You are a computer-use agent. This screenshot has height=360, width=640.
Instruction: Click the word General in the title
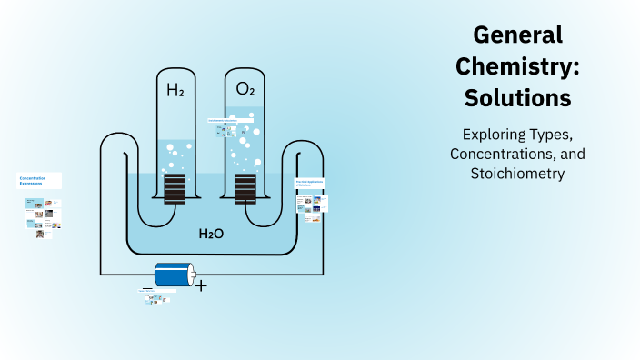(x=518, y=35)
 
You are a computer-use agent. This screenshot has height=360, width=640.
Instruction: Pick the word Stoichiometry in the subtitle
(x=518, y=173)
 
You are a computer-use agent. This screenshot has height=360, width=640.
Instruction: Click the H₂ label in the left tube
(x=175, y=90)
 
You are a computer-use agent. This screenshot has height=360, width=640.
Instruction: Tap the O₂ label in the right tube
(x=245, y=89)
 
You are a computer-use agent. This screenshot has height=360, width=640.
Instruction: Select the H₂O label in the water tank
(x=211, y=234)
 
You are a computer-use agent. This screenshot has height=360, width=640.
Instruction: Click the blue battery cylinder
(x=173, y=275)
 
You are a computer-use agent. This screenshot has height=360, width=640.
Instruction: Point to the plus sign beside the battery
(x=201, y=286)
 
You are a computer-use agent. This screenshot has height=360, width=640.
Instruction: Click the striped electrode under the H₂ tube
(x=175, y=189)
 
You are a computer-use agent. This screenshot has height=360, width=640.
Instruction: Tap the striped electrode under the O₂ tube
(x=245, y=189)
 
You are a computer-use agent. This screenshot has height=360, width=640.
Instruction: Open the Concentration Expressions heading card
(x=39, y=180)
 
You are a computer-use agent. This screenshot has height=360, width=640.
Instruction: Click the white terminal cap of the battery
(x=192, y=275)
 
